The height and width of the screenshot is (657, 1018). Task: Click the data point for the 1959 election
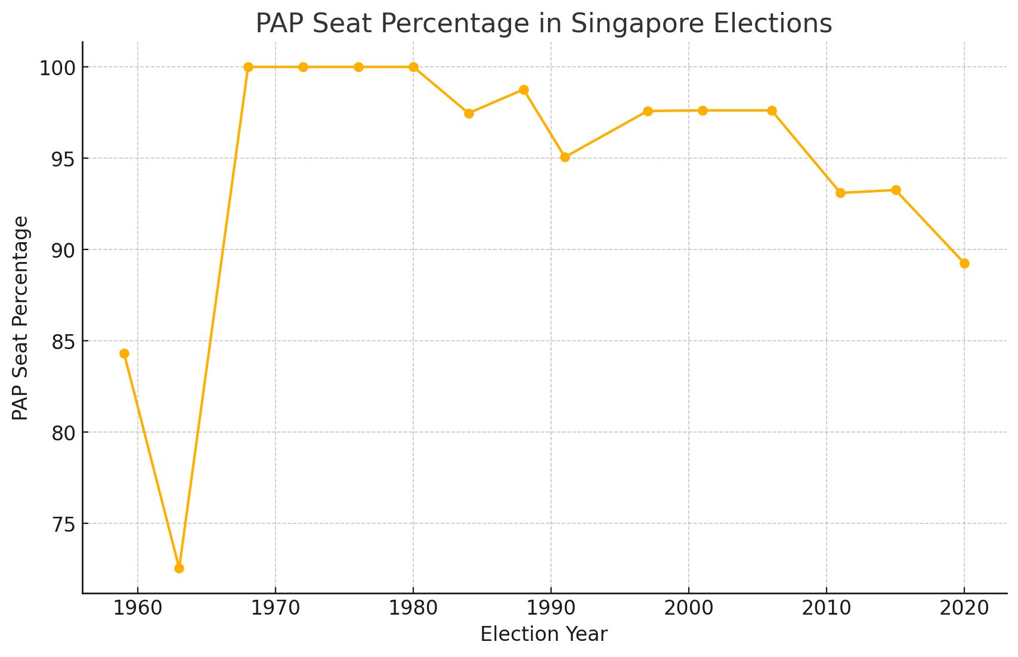124,354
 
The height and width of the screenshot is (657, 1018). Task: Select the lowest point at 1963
179,568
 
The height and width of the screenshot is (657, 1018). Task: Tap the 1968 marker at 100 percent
248,67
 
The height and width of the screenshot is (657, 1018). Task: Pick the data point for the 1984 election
469,113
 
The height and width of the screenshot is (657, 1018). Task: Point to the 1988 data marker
524,90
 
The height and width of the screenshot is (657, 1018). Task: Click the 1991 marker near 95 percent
565,158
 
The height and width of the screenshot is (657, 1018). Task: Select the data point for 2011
840,193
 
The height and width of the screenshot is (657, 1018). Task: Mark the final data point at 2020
964,263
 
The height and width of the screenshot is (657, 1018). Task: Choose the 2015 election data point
896,190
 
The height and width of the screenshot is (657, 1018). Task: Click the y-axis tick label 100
57,68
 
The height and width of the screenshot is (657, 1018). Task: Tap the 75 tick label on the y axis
63,525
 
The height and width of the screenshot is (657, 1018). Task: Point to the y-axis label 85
63,342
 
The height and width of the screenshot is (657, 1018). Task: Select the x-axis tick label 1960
138,609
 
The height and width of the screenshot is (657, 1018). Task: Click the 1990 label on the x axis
550,609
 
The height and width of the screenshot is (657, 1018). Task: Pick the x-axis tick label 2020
964,609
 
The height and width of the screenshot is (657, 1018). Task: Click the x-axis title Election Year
543,634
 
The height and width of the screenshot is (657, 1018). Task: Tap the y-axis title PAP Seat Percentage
20,318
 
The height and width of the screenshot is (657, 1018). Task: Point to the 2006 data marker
772,110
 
